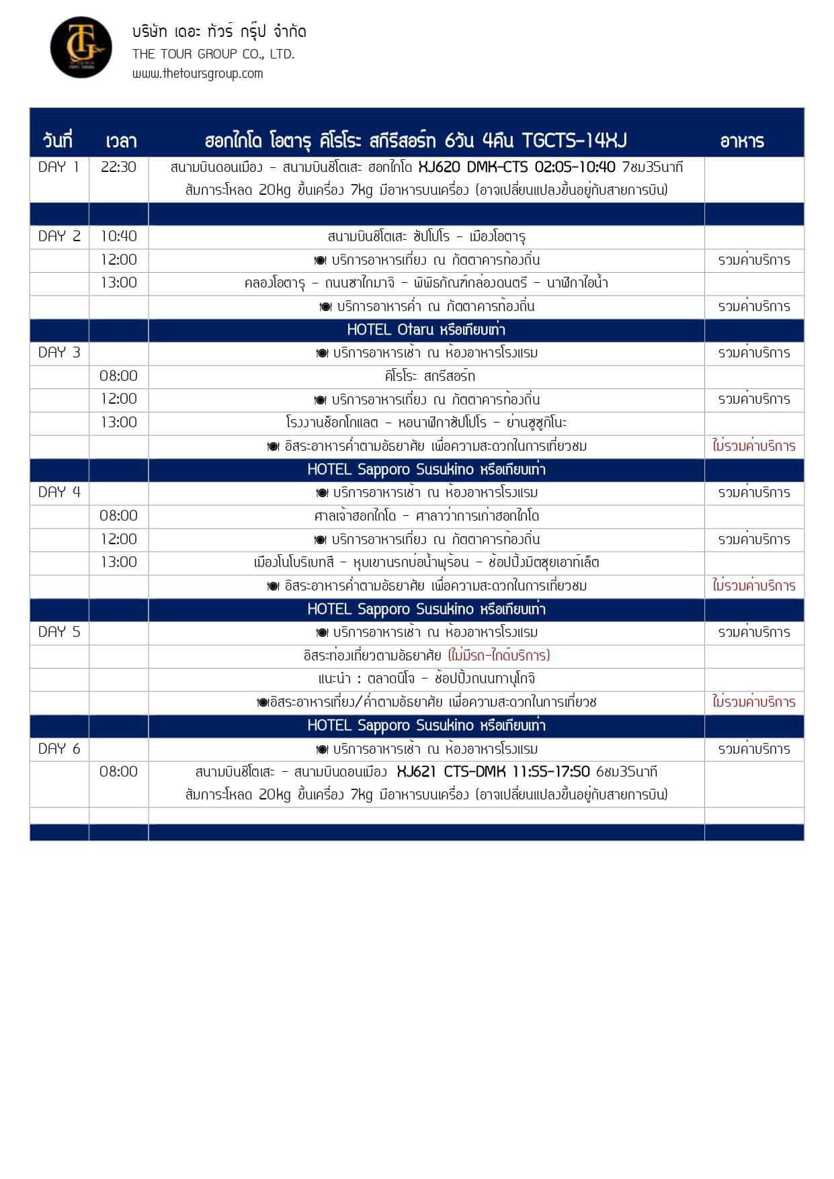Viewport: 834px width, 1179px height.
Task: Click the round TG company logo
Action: (x=81, y=47)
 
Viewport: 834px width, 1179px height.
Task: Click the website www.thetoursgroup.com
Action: (x=198, y=74)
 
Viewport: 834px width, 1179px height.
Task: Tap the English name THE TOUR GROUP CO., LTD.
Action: (x=213, y=54)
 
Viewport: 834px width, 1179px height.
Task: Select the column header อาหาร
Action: (x=742, y=141)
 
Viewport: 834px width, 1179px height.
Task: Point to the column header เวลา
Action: (x=121, y=141)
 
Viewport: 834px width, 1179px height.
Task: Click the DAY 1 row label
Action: (x=58, y=167)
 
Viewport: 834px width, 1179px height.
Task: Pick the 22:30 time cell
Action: (x=118, y=167)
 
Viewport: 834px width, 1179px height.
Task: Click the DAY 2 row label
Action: (x=59, y=236)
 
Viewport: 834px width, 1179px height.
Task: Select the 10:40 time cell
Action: (x=118, y=236)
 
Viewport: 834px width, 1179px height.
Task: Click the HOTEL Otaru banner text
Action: (x=426, y=330)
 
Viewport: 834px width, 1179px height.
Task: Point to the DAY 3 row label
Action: (x=59, y=353)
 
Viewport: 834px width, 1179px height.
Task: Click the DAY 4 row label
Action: (x=59, y=492)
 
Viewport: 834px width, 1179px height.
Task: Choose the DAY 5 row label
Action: (x=59, y=632)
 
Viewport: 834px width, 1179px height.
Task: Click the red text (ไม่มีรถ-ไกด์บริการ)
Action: (x=499, y=656)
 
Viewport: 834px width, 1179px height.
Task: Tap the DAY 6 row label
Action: (x=59, y=749)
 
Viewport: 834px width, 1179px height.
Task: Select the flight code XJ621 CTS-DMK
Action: (x=451, y=772)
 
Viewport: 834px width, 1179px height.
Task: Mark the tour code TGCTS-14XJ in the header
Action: (x=574, y=141)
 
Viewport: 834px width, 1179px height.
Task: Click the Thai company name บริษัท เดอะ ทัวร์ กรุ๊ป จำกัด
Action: (x=219, y=32)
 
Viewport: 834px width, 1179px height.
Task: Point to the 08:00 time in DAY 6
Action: (x=118, y=772)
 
